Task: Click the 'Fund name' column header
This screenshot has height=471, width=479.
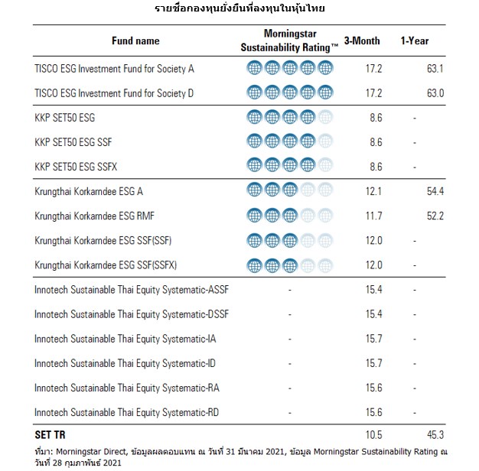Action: click(x=135, y=41)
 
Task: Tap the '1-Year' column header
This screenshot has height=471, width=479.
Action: click(x=414, y=41)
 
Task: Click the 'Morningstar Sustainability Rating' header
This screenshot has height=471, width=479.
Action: click(x=290, y=41)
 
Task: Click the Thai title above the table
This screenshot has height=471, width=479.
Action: click(x=239, y=8)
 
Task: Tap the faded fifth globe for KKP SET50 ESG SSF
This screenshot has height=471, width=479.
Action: click(x=325, y=142)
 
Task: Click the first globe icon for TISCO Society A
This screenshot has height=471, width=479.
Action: click(x=255, y=68)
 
